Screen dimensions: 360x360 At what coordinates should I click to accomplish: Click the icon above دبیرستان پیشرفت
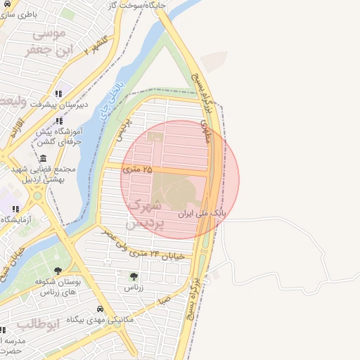pos(59,92)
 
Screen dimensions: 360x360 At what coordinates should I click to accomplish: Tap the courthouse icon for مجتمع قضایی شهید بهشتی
pos(44,158)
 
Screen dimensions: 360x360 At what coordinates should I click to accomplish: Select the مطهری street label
pos(205,131)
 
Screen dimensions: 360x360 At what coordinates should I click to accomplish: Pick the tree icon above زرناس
pos(134,276)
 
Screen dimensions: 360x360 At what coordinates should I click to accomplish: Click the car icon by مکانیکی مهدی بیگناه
pos(101,309)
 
